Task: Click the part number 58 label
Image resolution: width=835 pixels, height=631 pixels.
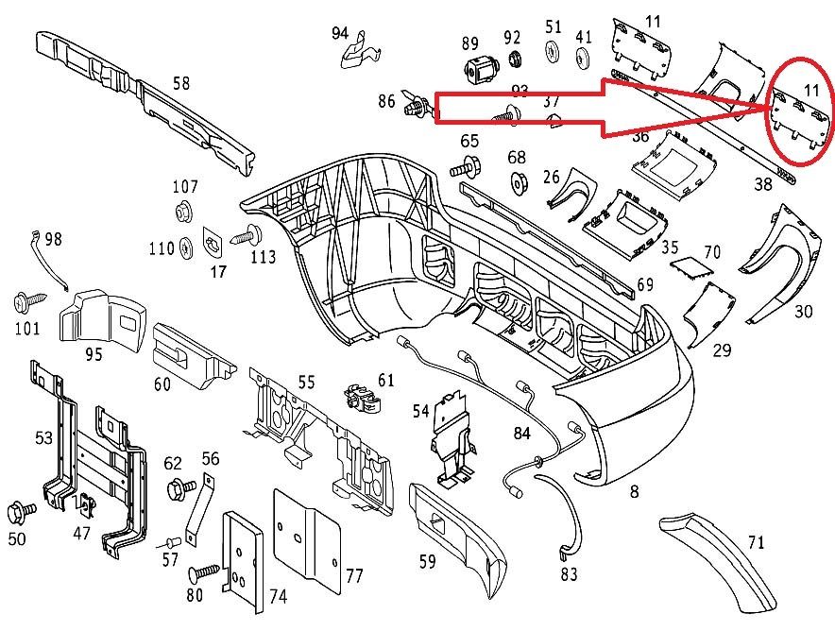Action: click(x=181, y=83)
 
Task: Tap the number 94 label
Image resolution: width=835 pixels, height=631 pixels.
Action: click(x=340, y=34)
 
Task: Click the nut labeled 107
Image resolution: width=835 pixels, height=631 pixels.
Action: click(x=184, y=210)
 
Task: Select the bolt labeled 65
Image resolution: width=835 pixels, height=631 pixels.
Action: click(x=468, y=170)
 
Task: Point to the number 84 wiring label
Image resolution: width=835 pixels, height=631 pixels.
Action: click(x=522, y=434)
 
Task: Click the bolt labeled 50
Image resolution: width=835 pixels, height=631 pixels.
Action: click(x=21, y=512)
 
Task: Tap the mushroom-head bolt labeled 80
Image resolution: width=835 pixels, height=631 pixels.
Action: click(x=201, y=571)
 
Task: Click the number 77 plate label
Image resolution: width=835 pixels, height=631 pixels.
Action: click(x=354, y=575)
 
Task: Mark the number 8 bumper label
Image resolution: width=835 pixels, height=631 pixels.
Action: click(x=634, y=491)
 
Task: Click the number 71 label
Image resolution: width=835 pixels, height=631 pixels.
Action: click(x=756, y=542)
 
